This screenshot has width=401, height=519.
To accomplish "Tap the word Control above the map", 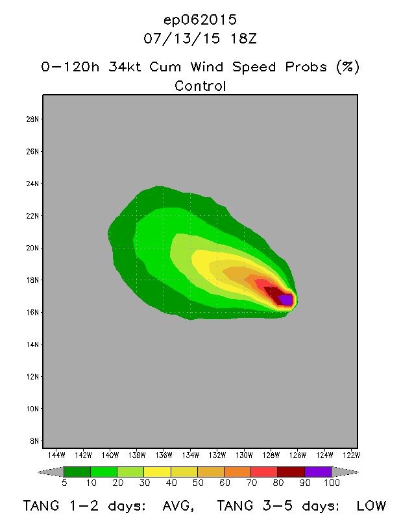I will pyautogui.click(x=200, y=86).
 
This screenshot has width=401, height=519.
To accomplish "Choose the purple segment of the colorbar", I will pyautogui.click(x=318, y=472).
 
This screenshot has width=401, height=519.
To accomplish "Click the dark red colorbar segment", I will pyautogui.click(x=291, y=472).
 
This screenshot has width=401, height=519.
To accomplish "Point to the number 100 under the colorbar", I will pyautogui.click(x=332, y=483).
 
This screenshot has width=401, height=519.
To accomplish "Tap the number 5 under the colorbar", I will pyautogui.click(x=64, y=483).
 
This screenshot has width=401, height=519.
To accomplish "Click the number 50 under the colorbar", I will pyautogui.click(x=197, y=483).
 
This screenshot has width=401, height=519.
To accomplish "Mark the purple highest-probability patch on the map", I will pyautogui.click(x=286, y=299).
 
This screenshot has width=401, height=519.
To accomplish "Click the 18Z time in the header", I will pyautogui.click(x=244, y=38).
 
